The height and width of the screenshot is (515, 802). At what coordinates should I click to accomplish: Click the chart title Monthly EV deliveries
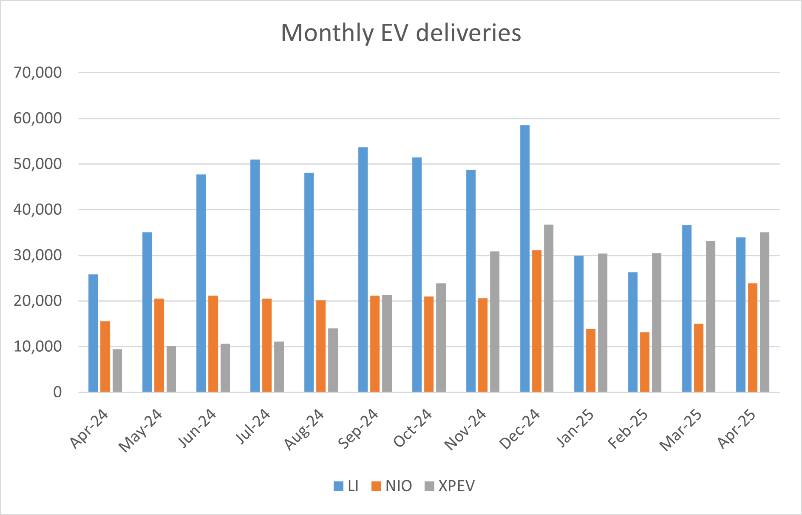click(401, 33)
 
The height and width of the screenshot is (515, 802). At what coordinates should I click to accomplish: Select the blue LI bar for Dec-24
click(525, 259)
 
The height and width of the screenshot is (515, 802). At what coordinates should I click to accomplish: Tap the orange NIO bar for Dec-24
click(537, 321)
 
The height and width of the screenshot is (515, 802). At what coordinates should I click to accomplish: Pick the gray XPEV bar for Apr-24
click(117, 370)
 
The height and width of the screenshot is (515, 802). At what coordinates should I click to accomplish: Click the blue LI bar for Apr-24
click(93, 333)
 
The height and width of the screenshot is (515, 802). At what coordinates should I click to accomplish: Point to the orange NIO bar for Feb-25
click(645, 362)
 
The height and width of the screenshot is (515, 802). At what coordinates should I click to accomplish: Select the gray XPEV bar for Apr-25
click(765, 312)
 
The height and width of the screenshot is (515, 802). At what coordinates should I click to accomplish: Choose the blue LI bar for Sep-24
click(363, 270)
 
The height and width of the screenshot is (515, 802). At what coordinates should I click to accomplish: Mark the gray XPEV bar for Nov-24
click(495, 322)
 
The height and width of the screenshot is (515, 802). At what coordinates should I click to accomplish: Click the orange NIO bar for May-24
click(159, 345)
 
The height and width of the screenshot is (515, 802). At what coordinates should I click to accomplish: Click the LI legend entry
click(346, 486)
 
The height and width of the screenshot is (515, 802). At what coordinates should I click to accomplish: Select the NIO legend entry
click(391, 486)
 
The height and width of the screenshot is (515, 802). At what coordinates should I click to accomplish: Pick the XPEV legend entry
click(450, 486)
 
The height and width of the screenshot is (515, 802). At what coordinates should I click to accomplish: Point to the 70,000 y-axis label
click(38, 73)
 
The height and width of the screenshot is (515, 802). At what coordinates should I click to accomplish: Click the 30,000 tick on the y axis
click(38, 255)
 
